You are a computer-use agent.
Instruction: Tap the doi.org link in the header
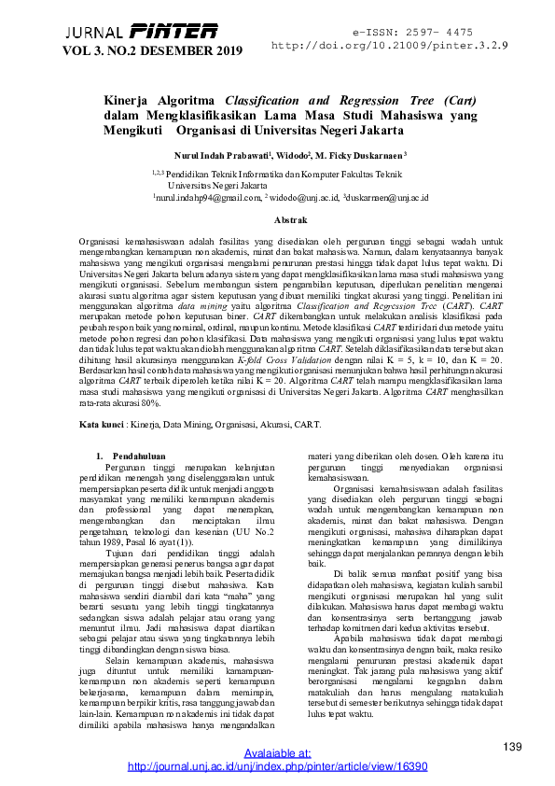[390, 44]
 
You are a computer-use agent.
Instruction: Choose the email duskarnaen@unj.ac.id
[386, 198]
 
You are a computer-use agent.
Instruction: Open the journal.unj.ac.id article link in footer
[277, 765]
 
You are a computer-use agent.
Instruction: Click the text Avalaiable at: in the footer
[277, 752]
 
